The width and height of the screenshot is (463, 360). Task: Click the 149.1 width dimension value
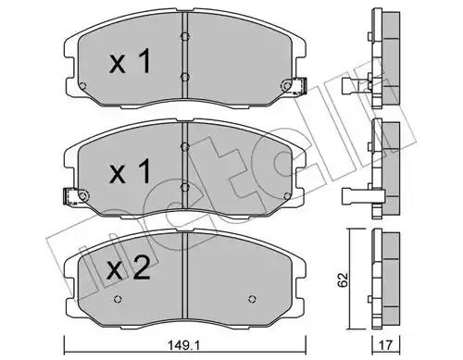pos(183,345)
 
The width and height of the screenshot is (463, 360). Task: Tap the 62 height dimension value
pos(343,279)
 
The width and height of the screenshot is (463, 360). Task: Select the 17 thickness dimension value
pos(386,345)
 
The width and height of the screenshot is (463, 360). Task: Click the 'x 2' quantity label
pos(129,269)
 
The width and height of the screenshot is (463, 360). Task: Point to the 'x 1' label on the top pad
pos(131,61)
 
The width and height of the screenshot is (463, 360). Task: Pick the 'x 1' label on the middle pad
pos(131,171)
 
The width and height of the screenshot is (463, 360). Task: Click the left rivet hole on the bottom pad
pos(118,299)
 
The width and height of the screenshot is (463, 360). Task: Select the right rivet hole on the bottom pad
pos(252,299)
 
